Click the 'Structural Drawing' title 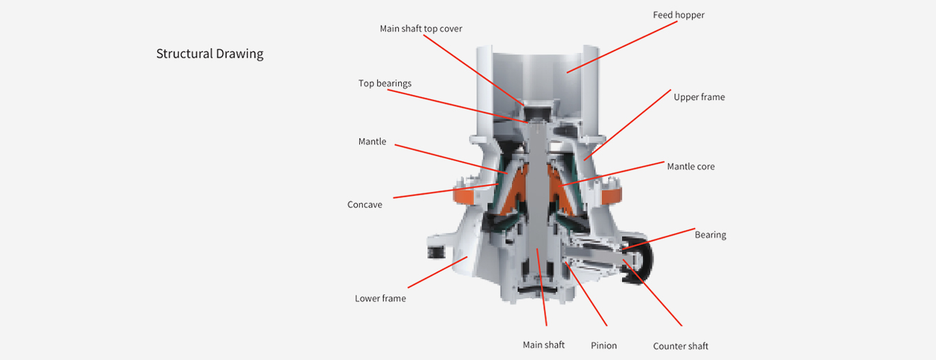coord(209,54)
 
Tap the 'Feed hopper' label coord(679,15)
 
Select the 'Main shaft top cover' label coord(421,29)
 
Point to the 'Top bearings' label coord(384,83)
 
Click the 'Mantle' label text coord(372,142)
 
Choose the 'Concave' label coord(365,205)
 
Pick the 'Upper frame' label coord(699,97)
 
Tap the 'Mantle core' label coord(690,166)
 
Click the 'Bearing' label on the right coord(710,234)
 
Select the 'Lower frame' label coord(380,299)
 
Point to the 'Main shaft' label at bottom coord(543,345)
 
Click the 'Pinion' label coord(603,345)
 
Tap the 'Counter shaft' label coord(680,346)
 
